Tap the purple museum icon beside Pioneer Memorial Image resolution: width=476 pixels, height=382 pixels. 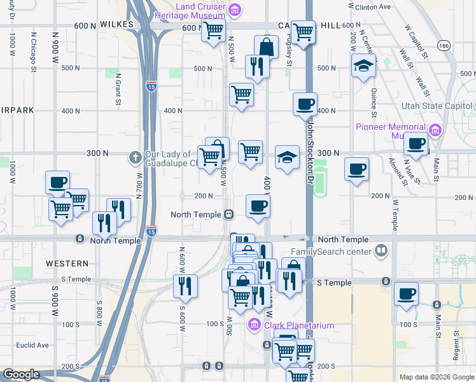(435, 131)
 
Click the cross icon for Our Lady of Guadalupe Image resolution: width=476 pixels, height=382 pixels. (135, 157)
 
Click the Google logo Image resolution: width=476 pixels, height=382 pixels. (21, 374)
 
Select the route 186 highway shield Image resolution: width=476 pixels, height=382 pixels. (444, 45)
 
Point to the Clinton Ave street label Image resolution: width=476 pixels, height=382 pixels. (375, 7)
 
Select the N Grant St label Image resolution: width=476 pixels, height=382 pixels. (118, 89)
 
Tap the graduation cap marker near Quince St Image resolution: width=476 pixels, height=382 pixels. (363, 65)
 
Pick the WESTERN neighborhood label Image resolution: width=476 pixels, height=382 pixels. (67, 263)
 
